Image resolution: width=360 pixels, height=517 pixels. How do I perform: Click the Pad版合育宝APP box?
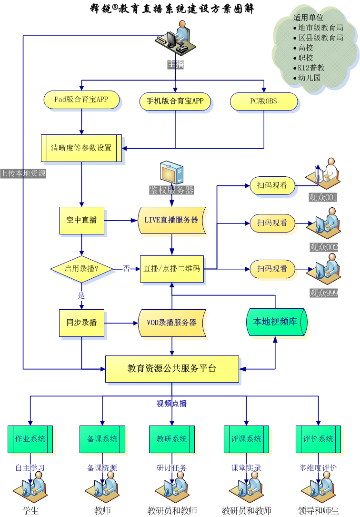point(81,100)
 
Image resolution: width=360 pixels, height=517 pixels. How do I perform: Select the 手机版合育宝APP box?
point(175,101)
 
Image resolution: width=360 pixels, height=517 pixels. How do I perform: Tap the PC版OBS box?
point(264,101)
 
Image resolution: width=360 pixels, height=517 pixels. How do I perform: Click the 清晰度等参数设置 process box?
point(81,148)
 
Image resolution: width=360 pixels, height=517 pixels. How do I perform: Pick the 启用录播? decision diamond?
point(81,269)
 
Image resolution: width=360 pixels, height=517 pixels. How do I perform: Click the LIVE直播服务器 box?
point(172,220)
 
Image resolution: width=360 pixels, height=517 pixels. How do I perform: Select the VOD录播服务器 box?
point(172,323)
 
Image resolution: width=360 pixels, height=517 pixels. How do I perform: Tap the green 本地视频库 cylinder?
point(276,322)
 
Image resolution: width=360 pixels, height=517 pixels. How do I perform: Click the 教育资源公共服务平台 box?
point(172,369)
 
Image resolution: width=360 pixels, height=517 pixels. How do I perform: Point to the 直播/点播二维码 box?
point(172,269)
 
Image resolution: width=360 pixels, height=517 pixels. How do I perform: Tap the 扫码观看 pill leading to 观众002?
point(272,223)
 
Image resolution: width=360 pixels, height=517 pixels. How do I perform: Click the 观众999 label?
point(323,293)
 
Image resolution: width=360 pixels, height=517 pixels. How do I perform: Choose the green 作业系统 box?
point(30,439)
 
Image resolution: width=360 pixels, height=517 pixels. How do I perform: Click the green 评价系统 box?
point(319,439)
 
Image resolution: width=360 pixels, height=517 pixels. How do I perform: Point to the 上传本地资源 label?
point(23,173)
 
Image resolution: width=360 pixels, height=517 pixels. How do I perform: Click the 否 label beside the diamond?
point(127,269)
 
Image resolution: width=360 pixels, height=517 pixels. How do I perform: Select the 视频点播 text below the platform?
point(172,404)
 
